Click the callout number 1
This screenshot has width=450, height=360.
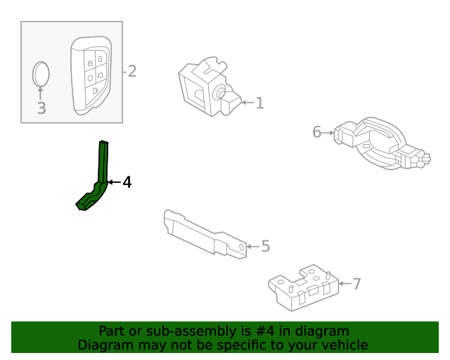point(259,103)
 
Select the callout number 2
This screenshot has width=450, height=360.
point(131,71)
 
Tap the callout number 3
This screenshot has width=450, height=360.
point(41,108)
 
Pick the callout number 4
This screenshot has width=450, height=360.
point(127,183)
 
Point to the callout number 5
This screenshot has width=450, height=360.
point(265,246)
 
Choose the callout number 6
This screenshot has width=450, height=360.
point(316,132)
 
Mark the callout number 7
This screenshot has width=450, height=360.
point(356,284)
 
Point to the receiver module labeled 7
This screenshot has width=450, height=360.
point(302,287)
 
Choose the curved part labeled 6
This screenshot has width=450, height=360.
point(380,144)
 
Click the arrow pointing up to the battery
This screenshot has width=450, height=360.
point(41,94)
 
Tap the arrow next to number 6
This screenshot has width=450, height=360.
point(328,132)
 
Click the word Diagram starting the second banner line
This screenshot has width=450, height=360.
point(102,345)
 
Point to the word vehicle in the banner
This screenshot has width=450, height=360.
point(344,345)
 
